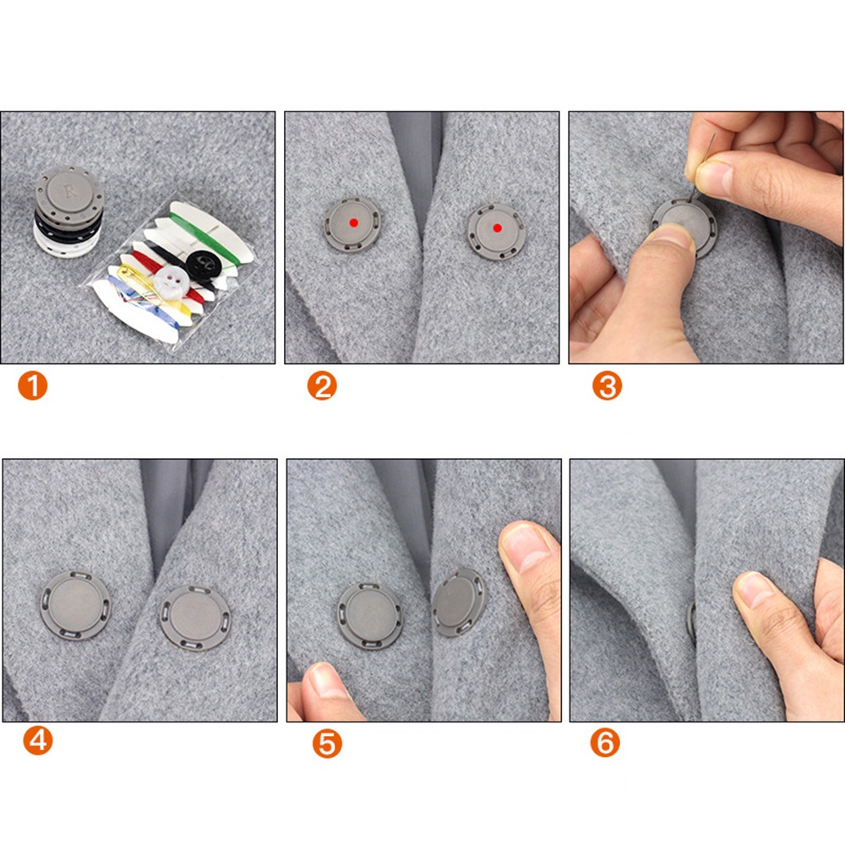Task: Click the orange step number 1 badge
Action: [x=32, y=386]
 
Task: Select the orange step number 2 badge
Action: [x=322, y=386]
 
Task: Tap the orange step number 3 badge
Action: [x=607, y=386]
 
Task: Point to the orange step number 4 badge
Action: [x=38, y=740]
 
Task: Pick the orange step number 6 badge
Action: [x=605, y=743]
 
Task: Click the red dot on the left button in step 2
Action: [x=353, y=222]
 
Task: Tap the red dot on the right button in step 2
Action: [x=498, y=228]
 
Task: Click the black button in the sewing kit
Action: [x=203, y=263]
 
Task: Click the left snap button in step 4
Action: [x=74, y=605]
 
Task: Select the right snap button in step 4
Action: [x=196, y=619]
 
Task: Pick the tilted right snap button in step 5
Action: [x=459, y=602]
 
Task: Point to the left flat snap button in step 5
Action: [x=370, y=616]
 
